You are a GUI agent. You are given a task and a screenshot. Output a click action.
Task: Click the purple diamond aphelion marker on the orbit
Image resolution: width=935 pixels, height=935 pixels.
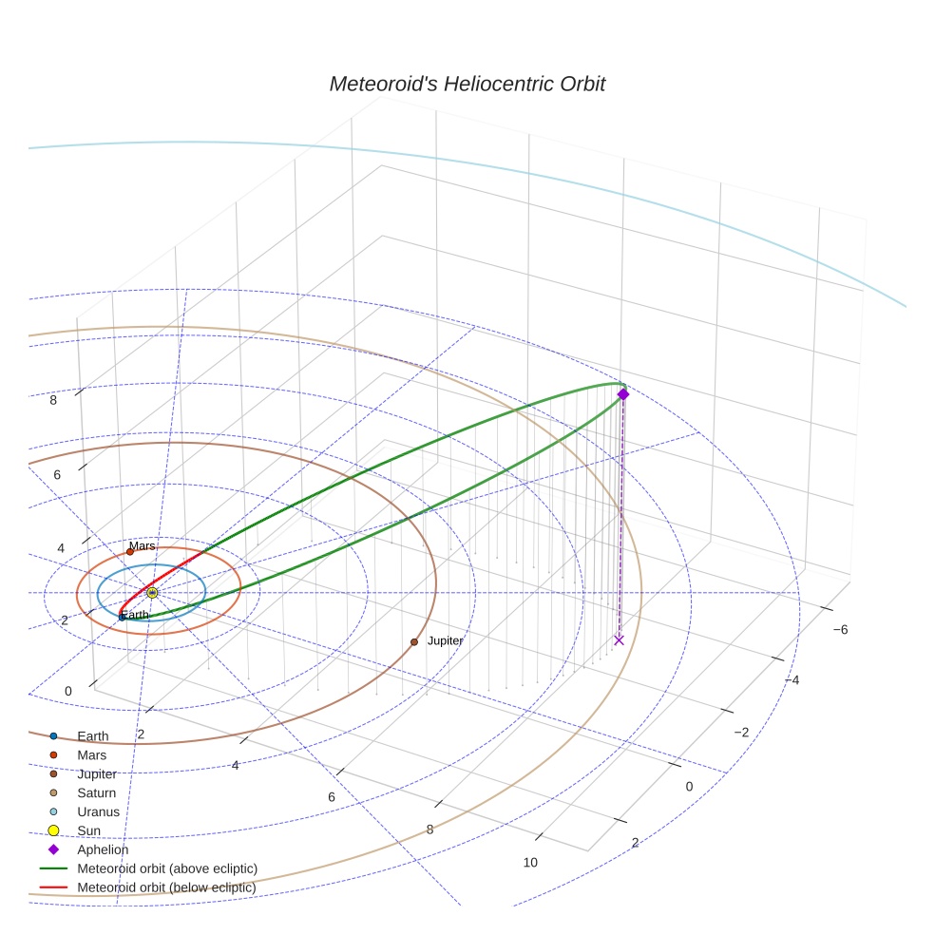point(623,394)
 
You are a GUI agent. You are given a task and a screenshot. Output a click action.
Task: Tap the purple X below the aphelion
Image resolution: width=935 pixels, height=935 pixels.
point(619,640)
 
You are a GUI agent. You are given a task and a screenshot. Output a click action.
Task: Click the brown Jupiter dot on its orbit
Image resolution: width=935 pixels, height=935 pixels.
point(414,642)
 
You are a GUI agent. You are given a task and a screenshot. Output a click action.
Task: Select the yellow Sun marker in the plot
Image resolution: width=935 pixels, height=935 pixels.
point(152,593)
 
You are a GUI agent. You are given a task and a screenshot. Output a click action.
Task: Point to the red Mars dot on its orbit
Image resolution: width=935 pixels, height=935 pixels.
point(130,551)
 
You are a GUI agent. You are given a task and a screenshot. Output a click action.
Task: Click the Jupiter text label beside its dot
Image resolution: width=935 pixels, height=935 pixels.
point(445,641)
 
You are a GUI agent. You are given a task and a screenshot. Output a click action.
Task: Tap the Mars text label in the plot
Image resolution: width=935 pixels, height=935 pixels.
point(142,545)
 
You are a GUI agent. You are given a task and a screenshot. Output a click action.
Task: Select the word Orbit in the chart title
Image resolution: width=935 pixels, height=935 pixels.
point(582,84)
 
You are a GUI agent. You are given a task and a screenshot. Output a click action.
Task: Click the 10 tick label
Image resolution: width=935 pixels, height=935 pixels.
point(530,862)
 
